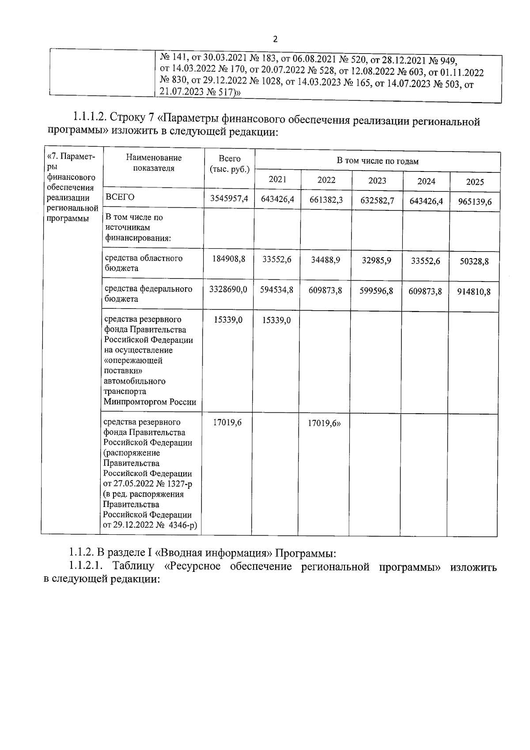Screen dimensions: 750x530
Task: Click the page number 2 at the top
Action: [x=275, y=39]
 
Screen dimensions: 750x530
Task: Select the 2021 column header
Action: [x=277, y=179]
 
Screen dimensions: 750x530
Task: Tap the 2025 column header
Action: [x=475, y=182]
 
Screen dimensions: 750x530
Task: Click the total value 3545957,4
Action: [x=229, y=199]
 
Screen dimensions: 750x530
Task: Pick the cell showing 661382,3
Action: [x=326, y=200]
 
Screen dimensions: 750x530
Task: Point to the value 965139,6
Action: [x=475, y=203]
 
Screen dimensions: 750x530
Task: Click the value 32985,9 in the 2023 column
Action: [x=376, y=260]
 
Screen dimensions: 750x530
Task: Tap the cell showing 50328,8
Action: [x=474, y=261]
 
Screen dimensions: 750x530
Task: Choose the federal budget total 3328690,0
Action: [x=228, y=289]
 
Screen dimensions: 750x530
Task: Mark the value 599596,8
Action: [x=376, y=291]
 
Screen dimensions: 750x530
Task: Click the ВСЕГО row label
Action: [x=120, y=197]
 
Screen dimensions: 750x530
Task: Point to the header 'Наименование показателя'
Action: [x=154, y=163]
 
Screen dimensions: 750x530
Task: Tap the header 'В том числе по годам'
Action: [x=377, y=161]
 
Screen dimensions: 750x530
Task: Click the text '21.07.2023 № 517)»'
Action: [x=200, y=92]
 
